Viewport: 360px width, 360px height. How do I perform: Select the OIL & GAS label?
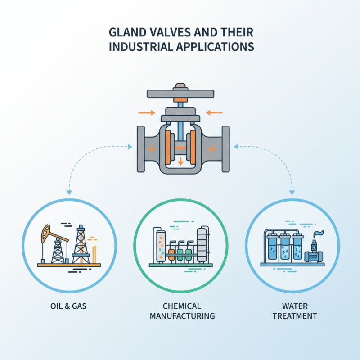[x=68, y=306]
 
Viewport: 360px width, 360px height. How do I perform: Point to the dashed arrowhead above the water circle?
[x=292, y=193]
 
